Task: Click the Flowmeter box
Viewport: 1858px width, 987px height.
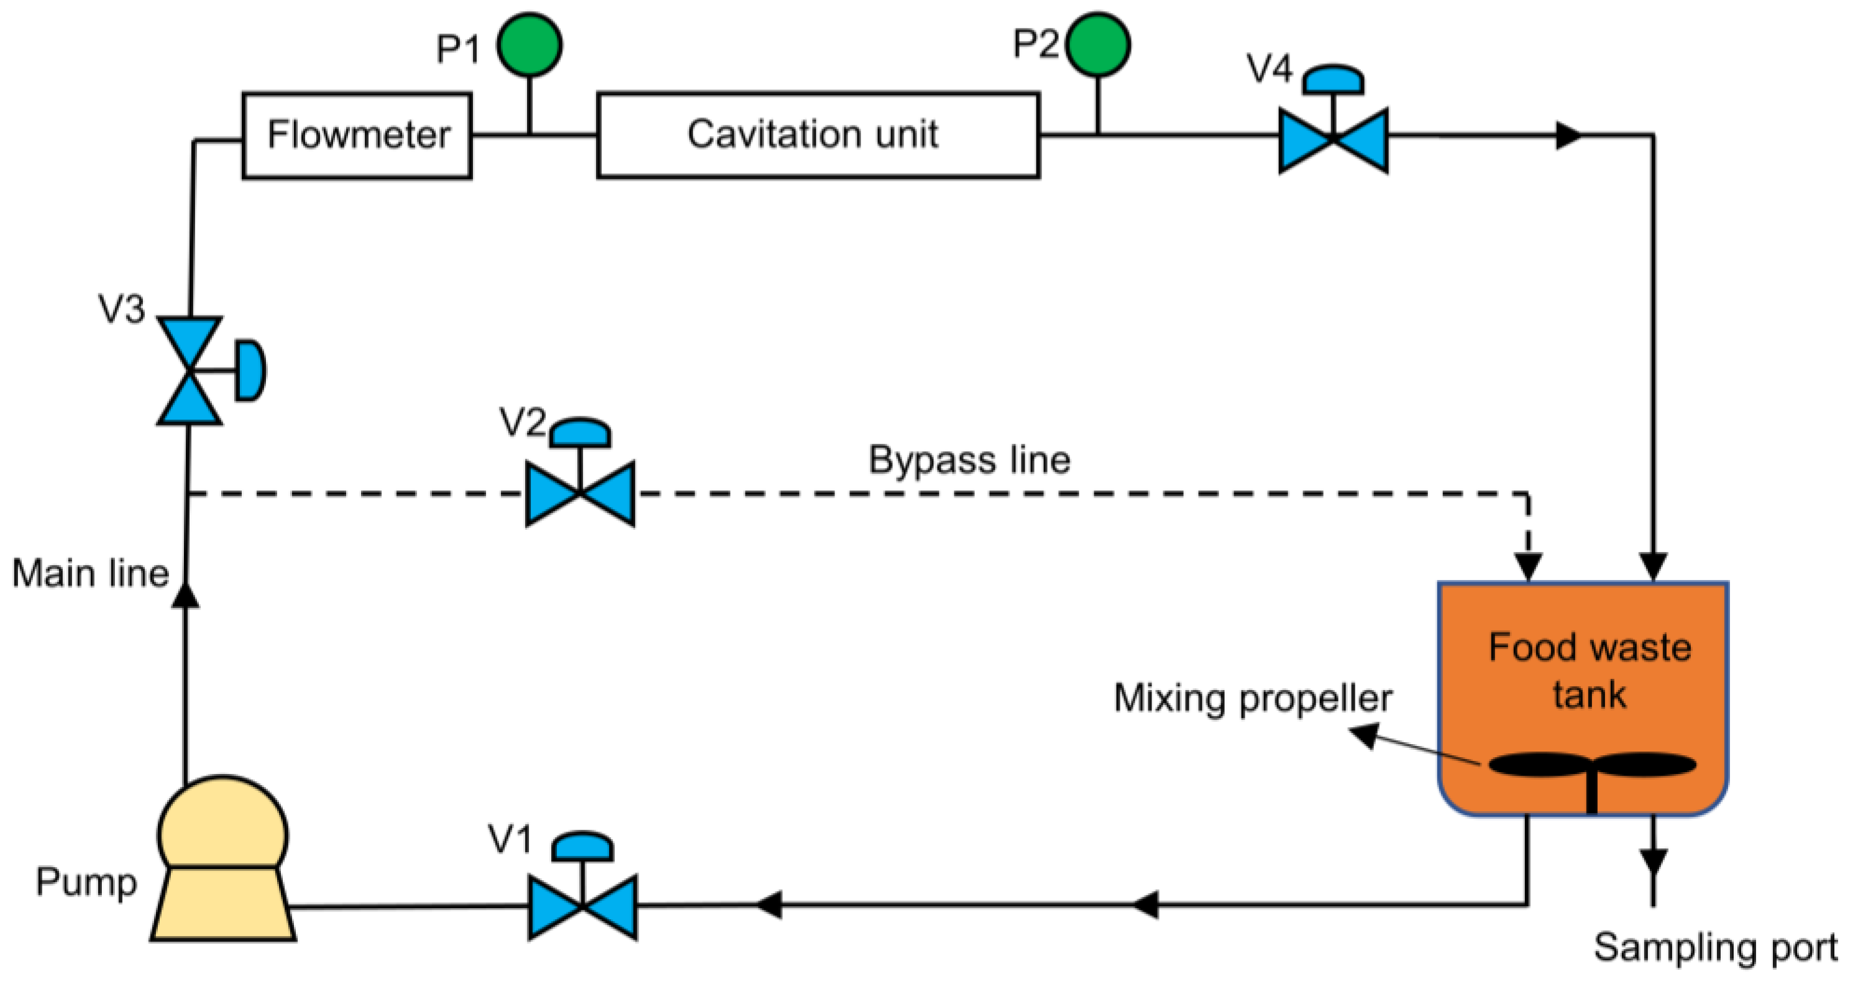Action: pos(357,135)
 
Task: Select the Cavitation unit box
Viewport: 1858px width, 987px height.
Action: pos(818,135)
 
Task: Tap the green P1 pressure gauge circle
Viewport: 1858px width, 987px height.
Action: pos(529,45)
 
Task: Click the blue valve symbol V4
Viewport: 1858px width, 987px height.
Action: pos(1333,140)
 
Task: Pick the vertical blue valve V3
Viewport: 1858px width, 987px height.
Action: pos(190,371)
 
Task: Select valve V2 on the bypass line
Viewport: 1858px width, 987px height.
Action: pos(580,493)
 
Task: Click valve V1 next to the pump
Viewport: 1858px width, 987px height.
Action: pos(583,906)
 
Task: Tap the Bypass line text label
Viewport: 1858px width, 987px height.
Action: pos(969,460)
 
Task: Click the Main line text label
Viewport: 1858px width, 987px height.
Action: pos(90,574)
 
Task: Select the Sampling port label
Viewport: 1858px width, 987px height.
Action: pos(1715,947)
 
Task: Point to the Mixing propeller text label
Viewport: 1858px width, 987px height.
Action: pos(1253,698)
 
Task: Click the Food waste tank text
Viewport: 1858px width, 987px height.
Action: pos(1590,670)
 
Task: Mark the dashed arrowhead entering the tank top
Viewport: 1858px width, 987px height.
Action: pos(1527,566)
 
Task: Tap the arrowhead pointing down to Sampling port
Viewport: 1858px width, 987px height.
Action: pos(1653,861)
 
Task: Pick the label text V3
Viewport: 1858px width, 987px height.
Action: pos(121,309)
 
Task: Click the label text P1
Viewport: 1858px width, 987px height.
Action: pos(458,49)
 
